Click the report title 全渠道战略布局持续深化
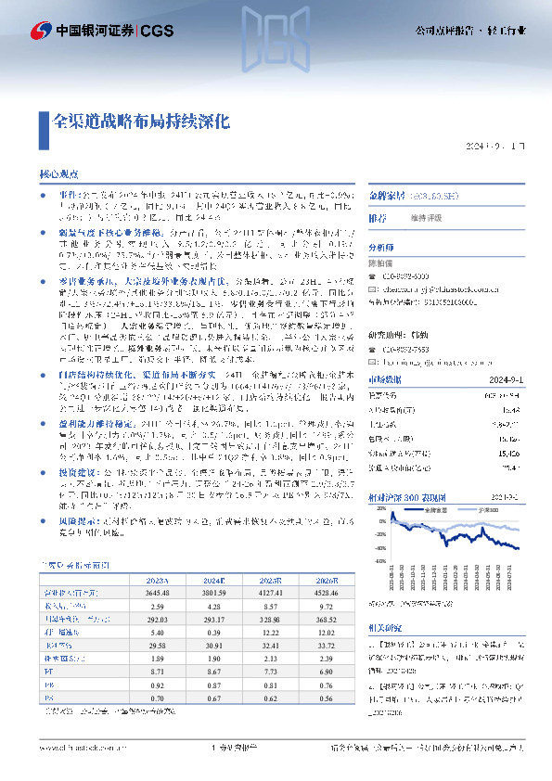pyautogui.click(x=140, y=121)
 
